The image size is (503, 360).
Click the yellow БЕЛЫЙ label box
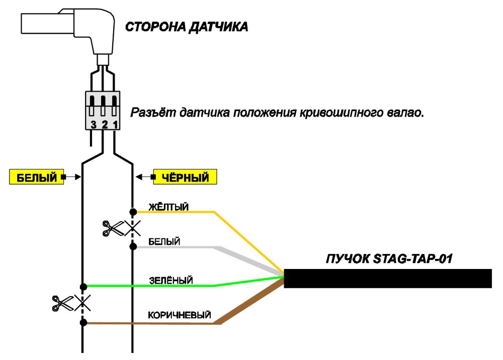point(37,176)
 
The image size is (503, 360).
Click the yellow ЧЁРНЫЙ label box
point(185,176)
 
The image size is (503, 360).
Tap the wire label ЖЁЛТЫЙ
point(169,207)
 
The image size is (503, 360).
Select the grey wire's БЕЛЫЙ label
point(164,241)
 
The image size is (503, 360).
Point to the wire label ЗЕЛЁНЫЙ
point(171,280)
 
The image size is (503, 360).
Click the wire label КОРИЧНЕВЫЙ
point(180,315)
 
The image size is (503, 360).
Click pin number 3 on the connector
point(94,124)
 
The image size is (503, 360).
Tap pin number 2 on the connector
point(105,124)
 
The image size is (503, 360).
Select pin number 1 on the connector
point(116,124)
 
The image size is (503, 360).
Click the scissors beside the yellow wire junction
point(113,229)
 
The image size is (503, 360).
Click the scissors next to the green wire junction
point(63,303)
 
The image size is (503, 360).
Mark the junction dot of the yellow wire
point(133,212)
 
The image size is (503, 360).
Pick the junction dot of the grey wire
point(133,246)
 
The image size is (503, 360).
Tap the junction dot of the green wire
point(83,286)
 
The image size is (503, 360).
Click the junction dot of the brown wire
point(83,323)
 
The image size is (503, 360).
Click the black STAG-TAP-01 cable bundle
point(388,278)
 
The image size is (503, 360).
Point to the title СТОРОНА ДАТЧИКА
point(187,27)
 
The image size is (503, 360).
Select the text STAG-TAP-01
point(413,259)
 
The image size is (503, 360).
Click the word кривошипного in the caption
point(341,113)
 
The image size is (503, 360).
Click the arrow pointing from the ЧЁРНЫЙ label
point(145,176)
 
